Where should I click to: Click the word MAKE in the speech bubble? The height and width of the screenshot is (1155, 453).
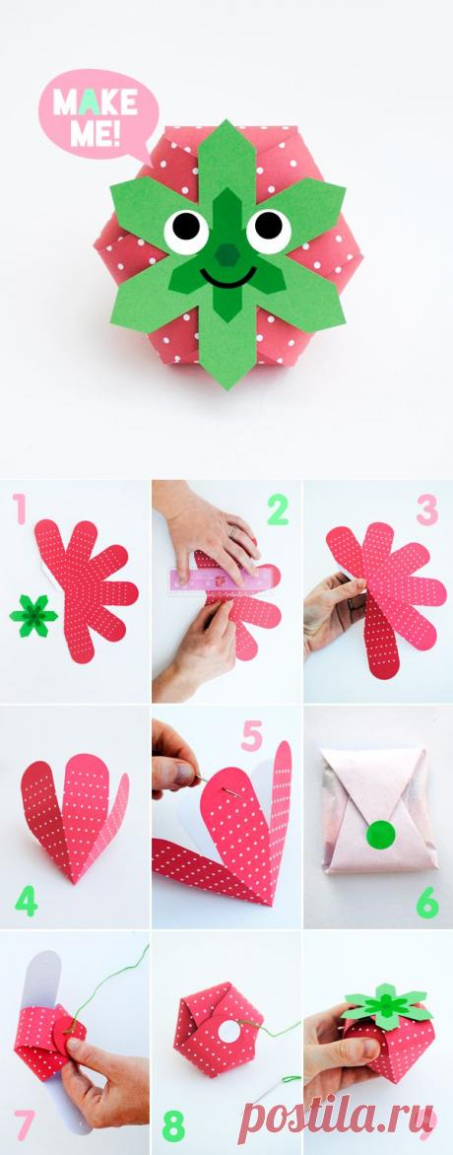96,103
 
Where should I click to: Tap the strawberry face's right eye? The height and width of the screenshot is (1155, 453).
269,229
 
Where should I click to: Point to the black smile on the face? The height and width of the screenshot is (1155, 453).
227,279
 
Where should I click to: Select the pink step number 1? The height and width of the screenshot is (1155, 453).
19,509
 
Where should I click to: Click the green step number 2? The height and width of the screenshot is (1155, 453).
278,510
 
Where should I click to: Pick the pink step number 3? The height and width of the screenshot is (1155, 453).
427,510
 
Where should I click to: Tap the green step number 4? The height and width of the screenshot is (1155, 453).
25,901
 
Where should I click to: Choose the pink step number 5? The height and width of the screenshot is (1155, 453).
252,736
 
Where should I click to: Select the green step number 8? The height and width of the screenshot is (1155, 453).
174,1127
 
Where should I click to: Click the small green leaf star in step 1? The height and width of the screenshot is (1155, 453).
33,615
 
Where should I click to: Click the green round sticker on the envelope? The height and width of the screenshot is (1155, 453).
380,834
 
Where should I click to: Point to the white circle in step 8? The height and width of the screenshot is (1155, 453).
229,1030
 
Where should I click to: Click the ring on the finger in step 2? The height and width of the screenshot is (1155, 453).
232,531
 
